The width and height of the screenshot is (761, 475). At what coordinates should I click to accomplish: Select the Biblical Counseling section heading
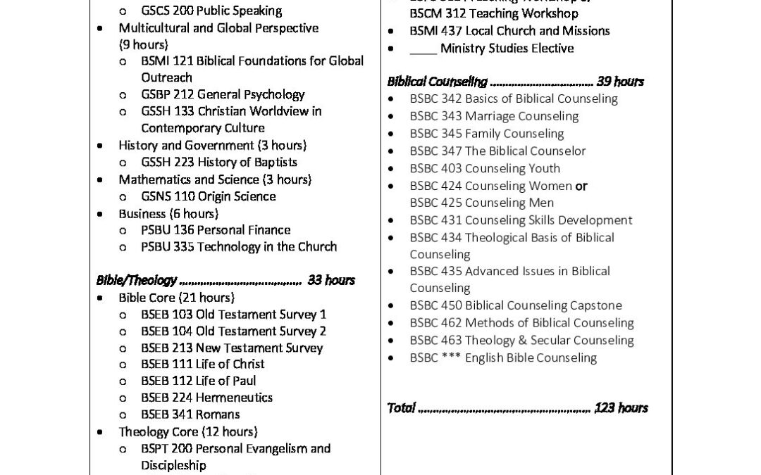coord(437,82)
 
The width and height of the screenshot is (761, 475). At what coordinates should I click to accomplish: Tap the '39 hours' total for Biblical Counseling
coord(619,82)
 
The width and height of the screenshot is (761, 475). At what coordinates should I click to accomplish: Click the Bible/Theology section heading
coord(136,280)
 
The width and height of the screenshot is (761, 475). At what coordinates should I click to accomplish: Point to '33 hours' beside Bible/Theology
coord(331,280)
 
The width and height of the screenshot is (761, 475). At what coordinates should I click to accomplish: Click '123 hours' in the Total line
coord(621,407)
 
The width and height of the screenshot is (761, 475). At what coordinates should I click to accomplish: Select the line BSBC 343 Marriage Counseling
coord(494,116)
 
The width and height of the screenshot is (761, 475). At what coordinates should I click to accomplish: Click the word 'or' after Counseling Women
coord(581,186)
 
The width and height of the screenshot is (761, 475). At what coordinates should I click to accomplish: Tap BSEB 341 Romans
coord(190,414)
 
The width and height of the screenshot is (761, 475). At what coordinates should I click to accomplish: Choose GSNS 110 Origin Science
coord(208,196)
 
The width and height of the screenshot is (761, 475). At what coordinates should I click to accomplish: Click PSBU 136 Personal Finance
coord(215,229)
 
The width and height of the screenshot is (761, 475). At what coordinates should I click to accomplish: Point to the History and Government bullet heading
coord(212,145)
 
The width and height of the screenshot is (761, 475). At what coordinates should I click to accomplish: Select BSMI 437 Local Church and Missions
coord(509,31)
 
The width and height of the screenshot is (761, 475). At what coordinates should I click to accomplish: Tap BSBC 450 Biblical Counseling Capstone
coord(516,305)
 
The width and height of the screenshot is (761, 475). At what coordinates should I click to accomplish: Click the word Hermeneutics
coord(235,398)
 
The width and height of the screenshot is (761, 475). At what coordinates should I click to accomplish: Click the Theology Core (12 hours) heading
coord(187,431)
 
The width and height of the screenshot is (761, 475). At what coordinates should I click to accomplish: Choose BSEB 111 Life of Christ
coord(203,364)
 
